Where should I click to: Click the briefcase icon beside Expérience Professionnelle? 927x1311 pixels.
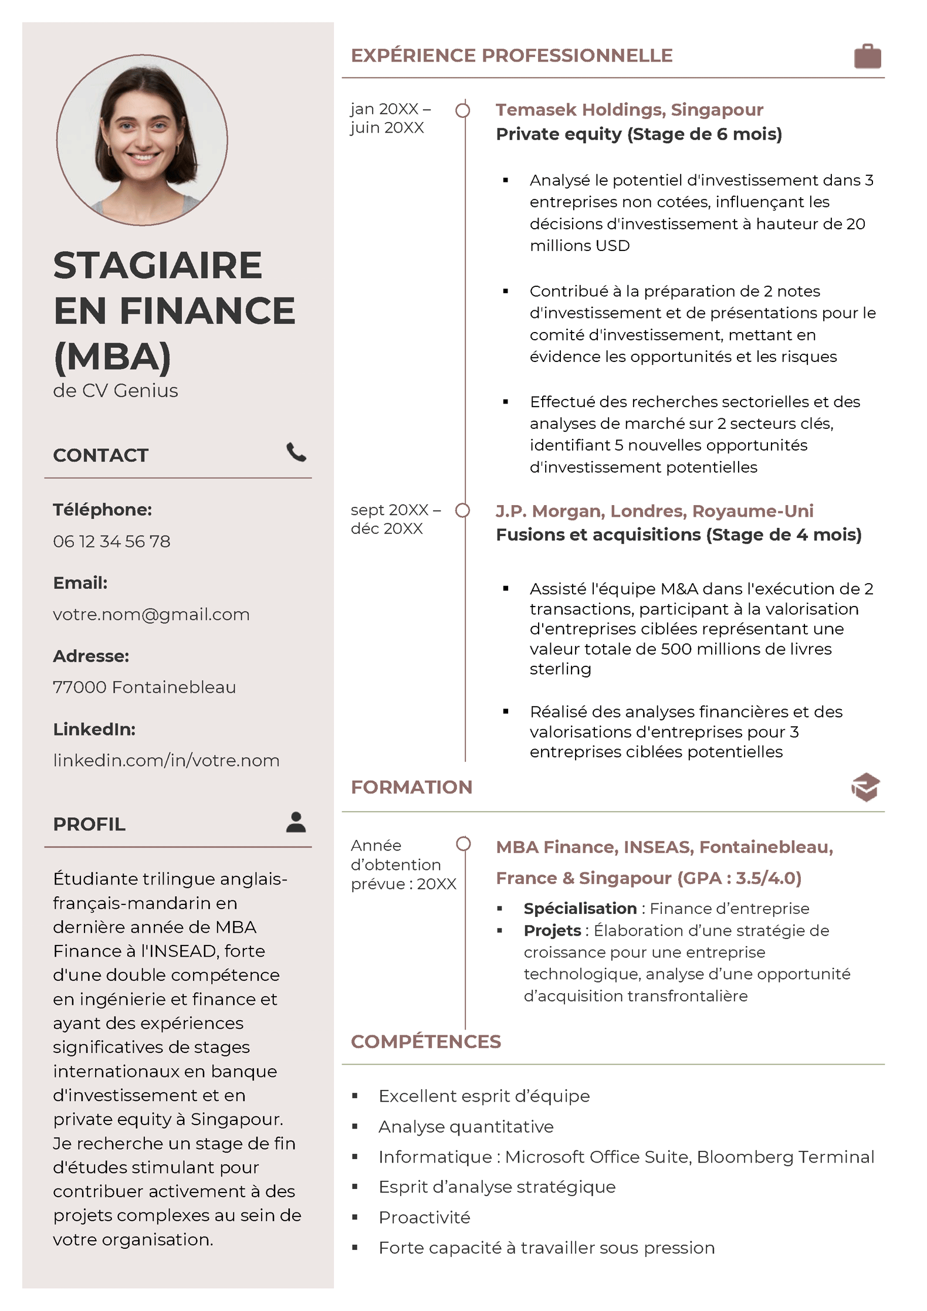tap(867, 56)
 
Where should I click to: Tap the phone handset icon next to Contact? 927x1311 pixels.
tap(296, 452)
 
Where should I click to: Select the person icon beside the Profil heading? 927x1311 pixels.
tap(296, 822)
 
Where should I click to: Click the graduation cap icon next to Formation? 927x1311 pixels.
tap(865, 787)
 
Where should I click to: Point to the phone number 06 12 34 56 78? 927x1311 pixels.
tap(111, 541)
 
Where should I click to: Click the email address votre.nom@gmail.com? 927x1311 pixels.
tap(151, 614)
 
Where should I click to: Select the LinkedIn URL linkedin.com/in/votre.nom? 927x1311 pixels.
tap(166, 760)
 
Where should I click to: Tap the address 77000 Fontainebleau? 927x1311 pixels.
tap(144, 687)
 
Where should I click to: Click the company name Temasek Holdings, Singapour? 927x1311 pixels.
tap(629, 110)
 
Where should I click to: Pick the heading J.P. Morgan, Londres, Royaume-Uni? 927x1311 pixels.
tap(654, 511)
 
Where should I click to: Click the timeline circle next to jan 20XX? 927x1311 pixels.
tap(463, 110)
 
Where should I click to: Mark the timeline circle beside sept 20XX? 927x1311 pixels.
tap(463, 511)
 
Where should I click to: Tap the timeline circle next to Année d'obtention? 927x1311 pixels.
tap(463, 844)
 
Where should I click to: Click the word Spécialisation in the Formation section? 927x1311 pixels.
tap(580, 908)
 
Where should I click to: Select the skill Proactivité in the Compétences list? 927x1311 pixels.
tap(424, 1217)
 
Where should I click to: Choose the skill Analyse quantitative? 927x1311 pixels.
tap(466, 1126)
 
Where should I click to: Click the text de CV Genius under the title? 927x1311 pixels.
tap(116, 391)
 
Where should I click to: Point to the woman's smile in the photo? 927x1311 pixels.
tap(143, 157)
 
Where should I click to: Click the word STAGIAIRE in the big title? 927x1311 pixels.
tap(157, 265)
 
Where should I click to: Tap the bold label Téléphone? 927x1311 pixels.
tap(102, 509)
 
